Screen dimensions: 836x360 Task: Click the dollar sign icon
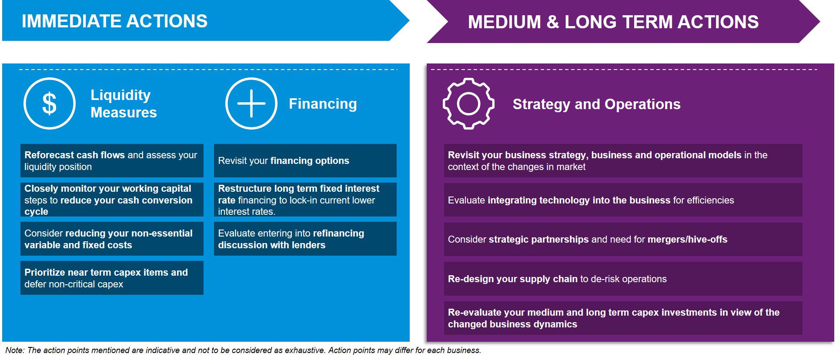(49, 103)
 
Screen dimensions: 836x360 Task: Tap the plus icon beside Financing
(251, 103)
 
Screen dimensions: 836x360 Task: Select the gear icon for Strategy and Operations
(468, 103)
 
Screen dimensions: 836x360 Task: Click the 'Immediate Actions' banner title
(115, 21)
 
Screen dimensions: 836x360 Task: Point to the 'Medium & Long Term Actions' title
(613, 22)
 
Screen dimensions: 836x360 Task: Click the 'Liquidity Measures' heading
(124, 103)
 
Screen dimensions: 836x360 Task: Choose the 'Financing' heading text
(323, 103)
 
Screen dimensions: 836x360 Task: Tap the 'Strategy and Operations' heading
(596, 104)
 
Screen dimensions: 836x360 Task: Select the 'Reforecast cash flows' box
(112, 160)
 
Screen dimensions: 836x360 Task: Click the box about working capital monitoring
(112, 200)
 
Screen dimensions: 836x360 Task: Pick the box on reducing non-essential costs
(112, 239)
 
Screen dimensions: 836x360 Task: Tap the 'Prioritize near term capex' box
(112, 278)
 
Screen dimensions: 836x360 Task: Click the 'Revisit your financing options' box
(305, 160)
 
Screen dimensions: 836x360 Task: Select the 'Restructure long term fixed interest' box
(305, 200)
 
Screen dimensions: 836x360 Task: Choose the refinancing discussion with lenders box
(305, 239)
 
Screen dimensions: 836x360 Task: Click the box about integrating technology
(623, 200)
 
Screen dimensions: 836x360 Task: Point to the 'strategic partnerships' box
(623, 239)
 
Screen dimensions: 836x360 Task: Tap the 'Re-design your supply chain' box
(623, 279)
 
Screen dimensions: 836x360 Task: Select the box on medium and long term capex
(623, 318)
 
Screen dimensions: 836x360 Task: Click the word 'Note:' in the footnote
(15, 350)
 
